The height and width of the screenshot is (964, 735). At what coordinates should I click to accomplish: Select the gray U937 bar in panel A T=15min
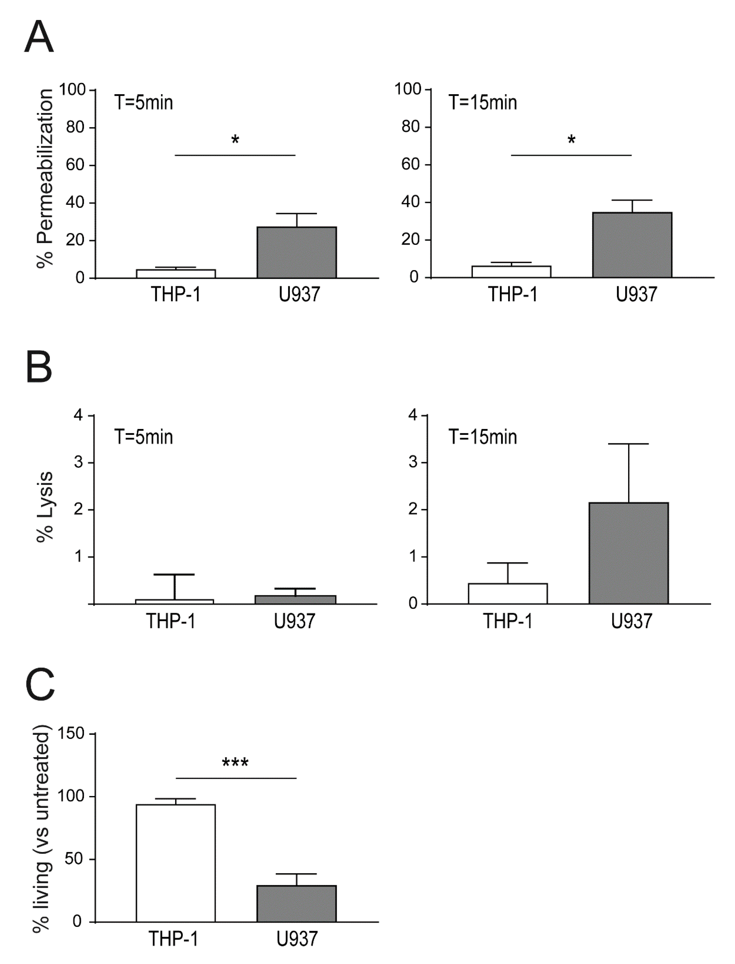pos(632,245)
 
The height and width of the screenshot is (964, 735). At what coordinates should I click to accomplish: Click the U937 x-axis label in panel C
pos(297,939)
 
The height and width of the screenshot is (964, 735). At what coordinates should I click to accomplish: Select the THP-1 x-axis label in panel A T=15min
pos(513,294)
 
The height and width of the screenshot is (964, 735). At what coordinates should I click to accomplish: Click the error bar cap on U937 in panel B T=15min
pos(629,444)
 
